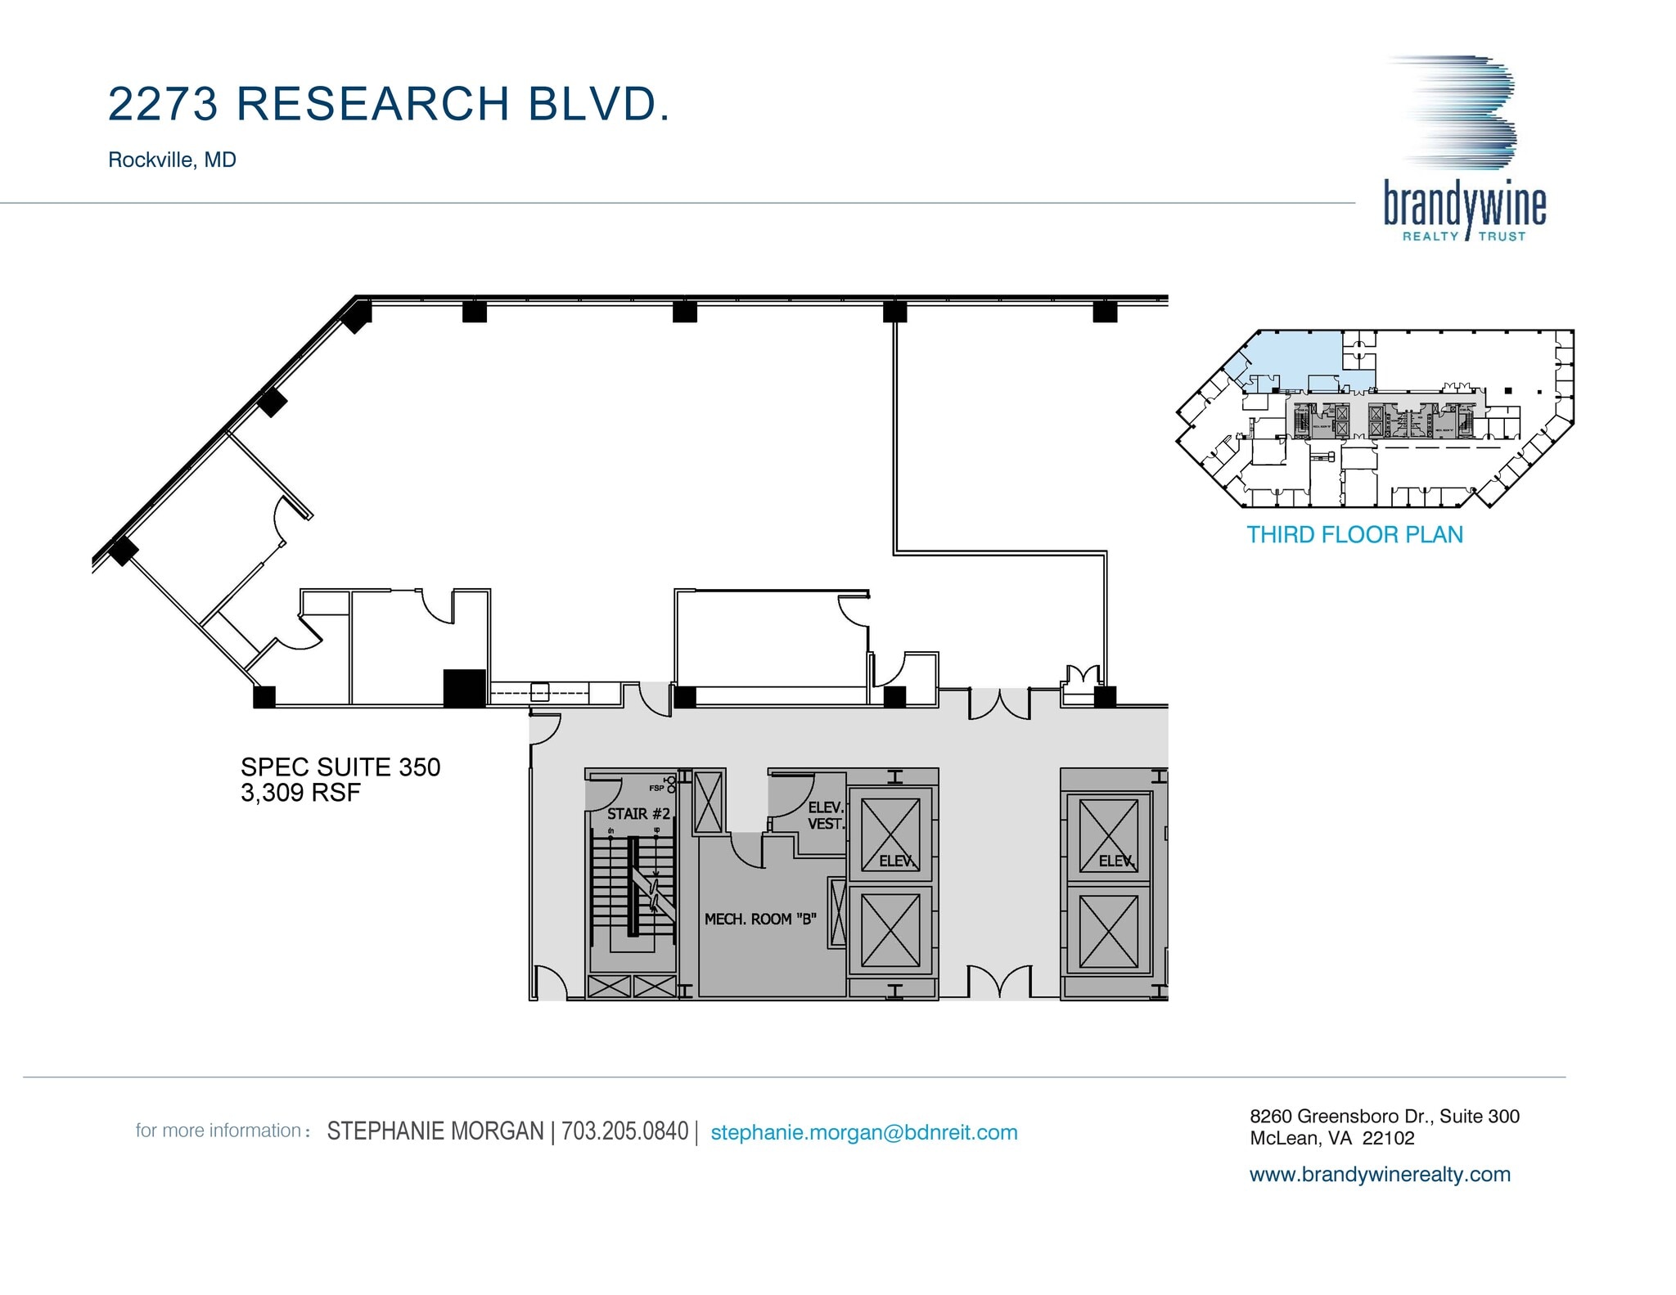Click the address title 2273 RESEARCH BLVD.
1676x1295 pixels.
[389, 105]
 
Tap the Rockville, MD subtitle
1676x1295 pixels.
[172, 160]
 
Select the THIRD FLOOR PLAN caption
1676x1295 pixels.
[1354, 535]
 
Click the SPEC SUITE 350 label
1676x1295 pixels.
[340, 767]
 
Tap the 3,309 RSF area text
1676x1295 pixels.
[300, 793]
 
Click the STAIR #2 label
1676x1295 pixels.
[638, 814]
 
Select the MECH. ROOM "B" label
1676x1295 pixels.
[760, 920]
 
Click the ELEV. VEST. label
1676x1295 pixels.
[825, 816]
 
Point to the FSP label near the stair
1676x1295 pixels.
[656, 789]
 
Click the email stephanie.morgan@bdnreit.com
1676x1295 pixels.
[863, 1132]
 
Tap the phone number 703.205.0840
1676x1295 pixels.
[624, 1131]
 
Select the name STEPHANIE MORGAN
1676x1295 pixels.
[435, 1131]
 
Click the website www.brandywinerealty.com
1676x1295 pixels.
[1380, 1174]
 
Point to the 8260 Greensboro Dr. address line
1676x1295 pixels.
[1384, 1116]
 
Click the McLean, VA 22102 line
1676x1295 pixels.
[1331, 1138]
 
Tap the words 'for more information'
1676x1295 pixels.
[219, 1131]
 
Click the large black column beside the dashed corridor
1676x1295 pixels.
[464, 688]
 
